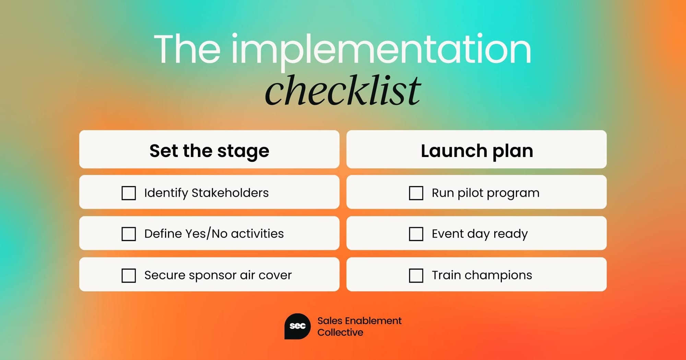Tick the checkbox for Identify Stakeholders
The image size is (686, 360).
click(129, 193)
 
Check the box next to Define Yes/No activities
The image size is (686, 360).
click(129, 234)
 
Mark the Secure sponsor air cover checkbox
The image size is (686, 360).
click(129, 275)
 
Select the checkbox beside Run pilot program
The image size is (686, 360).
click(416, 193)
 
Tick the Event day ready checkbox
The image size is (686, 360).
click(416, 234)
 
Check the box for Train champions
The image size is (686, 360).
click(416, 275)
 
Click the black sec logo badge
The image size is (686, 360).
click(297, 326)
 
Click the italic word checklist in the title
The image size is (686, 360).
click(343, 90)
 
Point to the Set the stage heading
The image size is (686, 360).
click(209, 151)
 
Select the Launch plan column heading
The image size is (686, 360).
click(477, 151)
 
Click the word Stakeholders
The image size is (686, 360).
click(230, 193)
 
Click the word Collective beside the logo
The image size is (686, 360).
click(340, 332)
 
